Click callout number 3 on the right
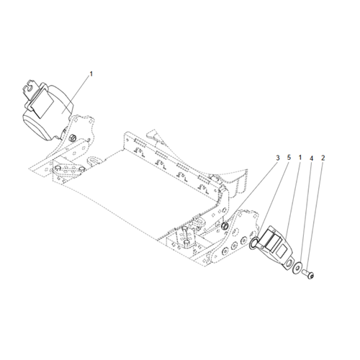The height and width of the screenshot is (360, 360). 278,158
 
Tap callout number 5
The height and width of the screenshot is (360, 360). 289,158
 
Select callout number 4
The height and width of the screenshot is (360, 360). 311,158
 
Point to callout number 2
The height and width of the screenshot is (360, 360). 323,158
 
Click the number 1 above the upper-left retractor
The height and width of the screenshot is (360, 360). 91,74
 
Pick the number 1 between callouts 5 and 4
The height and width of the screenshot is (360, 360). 300,158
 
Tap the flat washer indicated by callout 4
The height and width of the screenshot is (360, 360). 297,267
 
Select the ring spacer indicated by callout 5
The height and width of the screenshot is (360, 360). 253,243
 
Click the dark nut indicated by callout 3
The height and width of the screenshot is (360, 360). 225,225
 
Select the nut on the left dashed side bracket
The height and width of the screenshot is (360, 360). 72,138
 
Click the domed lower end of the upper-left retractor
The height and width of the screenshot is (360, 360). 37,128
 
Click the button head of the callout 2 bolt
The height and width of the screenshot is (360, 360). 311,276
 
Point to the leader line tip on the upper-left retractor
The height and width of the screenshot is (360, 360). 62,112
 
